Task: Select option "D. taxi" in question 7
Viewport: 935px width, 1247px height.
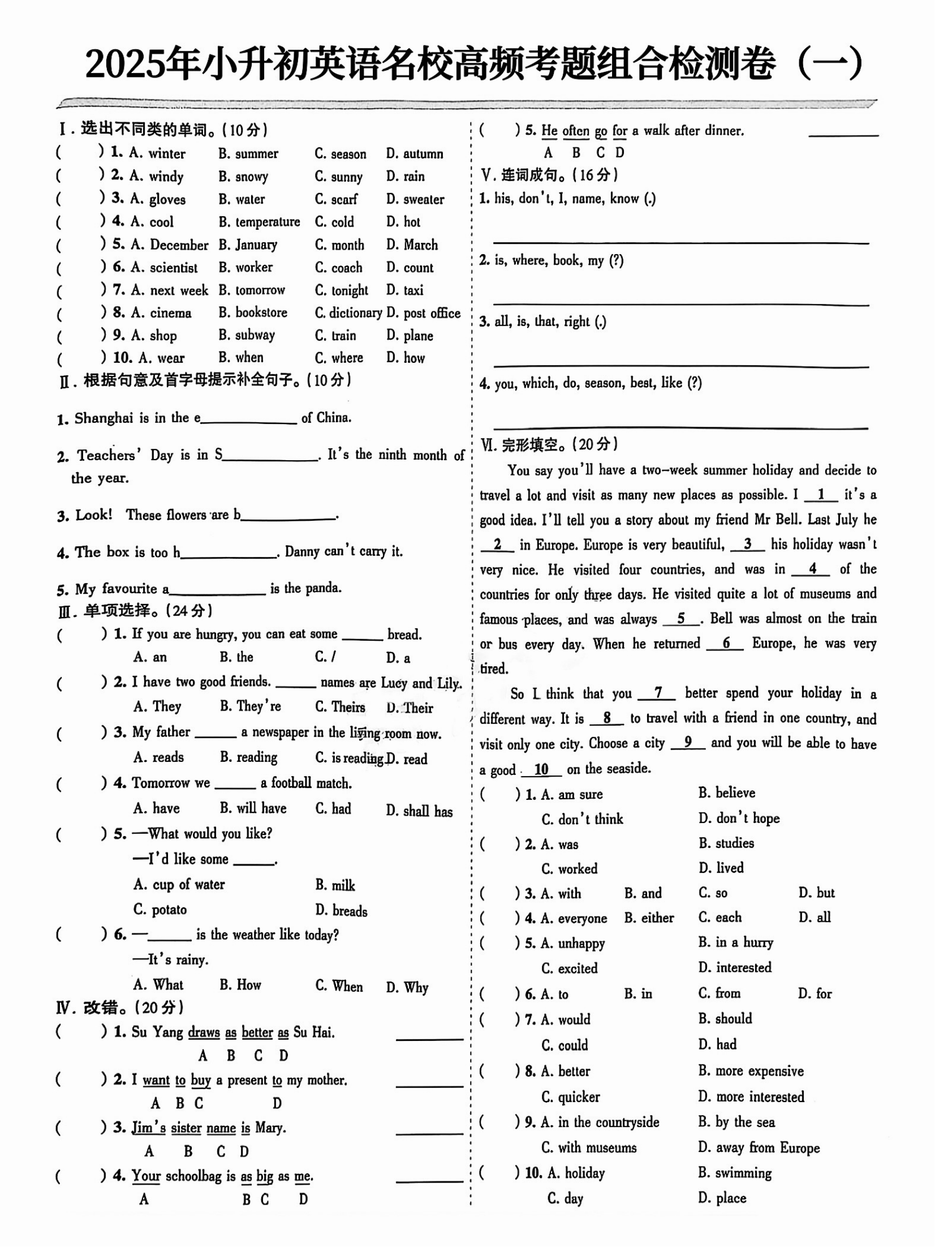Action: pos(404,290)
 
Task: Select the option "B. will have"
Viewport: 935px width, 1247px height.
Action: pos(253,808)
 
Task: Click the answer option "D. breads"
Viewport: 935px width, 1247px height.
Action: pos(341,911)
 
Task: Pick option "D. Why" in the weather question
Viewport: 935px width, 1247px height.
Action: pos(407,988)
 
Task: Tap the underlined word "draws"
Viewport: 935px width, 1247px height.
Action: pos(204,1032)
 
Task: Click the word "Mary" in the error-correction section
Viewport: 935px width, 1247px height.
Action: pos(269,1128)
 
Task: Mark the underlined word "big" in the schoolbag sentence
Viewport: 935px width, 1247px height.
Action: pos(265,1176)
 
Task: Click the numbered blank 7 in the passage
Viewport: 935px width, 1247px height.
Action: pos(657,693)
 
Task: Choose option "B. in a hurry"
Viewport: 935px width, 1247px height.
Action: pos(735,942)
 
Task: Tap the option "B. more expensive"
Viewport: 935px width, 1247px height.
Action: pos(751,1071)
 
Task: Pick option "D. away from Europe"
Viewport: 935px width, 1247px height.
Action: pos(759,1147)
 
